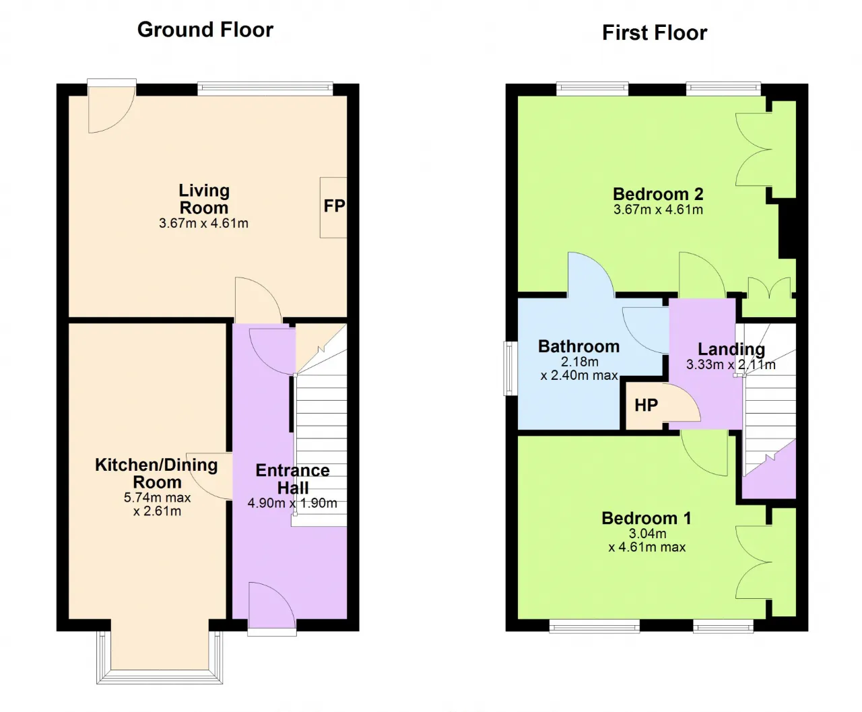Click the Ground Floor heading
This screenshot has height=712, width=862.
(205, 30)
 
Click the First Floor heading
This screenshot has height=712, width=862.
(655, 33)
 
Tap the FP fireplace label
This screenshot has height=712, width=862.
(334, 205)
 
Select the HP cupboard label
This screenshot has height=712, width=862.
(646, 405)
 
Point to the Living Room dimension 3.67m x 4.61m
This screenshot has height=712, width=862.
(203, 224)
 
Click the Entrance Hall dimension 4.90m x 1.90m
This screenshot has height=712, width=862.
(292, 503)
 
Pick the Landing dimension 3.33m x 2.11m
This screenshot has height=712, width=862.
(731, 364)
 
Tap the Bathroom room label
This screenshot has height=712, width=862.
(578, 346)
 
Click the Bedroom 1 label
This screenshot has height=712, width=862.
(646, 518)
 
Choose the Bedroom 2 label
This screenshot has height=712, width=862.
(658, 194)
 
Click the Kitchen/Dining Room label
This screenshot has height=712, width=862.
(156, 474)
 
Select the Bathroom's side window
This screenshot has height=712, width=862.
(510, 368)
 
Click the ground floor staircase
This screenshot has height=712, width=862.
(321, 426)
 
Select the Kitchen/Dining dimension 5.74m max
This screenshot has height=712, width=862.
(158, 497)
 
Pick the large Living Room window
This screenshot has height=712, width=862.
(265, 88)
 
